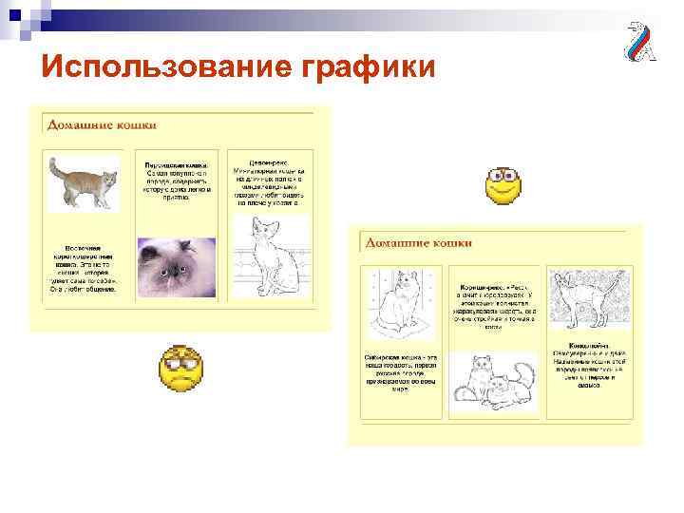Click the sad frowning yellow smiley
[180, 371]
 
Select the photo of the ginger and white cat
[84, 182]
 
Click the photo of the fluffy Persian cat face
[174, 267]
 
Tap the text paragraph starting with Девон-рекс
[269, 181]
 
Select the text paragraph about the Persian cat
[177, 181]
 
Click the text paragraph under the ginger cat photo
[84, 270]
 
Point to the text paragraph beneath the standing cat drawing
[581, 365]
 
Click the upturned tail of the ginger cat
[56, 170]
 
